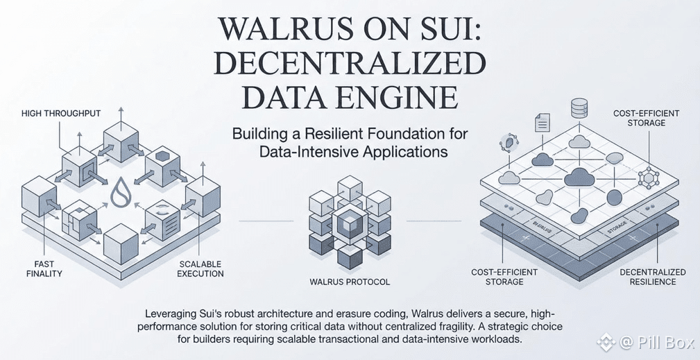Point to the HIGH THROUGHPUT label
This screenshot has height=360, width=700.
pos(60,112)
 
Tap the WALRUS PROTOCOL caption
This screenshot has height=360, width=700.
pos(350,282)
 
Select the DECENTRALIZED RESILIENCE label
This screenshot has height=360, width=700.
pos(651,277)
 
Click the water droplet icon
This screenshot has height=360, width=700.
pos(121,194)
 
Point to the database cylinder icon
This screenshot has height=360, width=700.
pos(579,109)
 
